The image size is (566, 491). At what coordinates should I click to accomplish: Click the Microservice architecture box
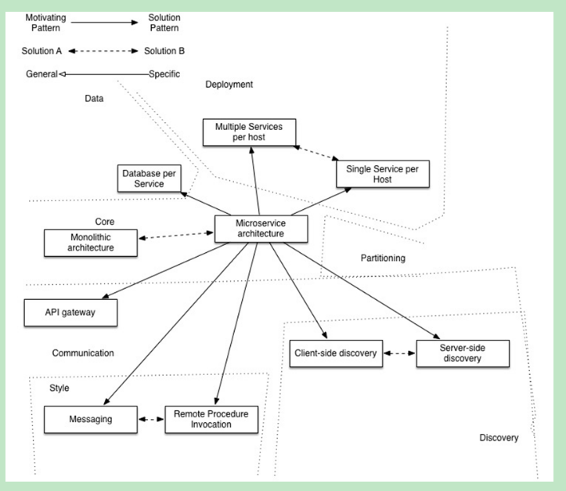click(x=261, y=229)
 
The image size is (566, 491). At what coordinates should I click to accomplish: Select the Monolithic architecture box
click(x=90, y=243)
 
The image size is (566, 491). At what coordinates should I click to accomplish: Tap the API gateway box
click(x=70, y=312)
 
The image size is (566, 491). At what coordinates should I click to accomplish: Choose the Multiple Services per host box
click(x=248, y=132)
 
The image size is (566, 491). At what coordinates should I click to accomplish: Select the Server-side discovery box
click(x=462, y=353)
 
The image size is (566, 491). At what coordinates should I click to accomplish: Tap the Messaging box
click(x=89, y=419)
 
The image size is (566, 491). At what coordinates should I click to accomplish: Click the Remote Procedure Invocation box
click(x=211, y=419)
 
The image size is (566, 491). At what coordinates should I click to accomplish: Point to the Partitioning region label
click(x=383, y=258)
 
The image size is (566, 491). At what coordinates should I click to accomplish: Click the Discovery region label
click(x=499, y=438)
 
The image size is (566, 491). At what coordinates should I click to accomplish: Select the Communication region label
click(x=83, y=353)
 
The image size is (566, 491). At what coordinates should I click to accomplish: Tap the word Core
click(x=105, y=222)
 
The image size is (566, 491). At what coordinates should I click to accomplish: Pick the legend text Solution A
click(x=41, y=52)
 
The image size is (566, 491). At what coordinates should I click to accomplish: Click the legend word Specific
click(x=164, y=74)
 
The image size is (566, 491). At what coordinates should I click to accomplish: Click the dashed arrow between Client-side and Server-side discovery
click(x=398, y=354)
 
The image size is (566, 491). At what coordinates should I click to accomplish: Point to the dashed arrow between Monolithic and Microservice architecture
click(x=176, y=235)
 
